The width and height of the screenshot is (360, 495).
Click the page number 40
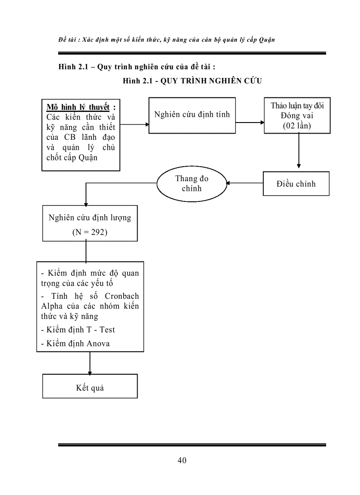point(182,461)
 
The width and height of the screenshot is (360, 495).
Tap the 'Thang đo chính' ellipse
point(192,183)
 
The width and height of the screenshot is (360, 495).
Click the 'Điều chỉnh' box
point(296,184)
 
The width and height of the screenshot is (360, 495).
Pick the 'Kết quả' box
point(90,388)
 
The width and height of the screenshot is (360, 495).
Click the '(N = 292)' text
point(90,232)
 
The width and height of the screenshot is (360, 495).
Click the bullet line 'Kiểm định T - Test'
point(81,329)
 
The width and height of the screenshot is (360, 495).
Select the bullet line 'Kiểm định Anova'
point(78,343)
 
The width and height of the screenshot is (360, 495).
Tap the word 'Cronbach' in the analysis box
point(121,296)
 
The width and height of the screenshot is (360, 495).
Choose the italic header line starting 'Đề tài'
point(166,40)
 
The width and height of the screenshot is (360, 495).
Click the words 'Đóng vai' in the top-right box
point(296,115)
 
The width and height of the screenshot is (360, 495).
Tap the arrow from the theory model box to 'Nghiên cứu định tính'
point(135,124)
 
